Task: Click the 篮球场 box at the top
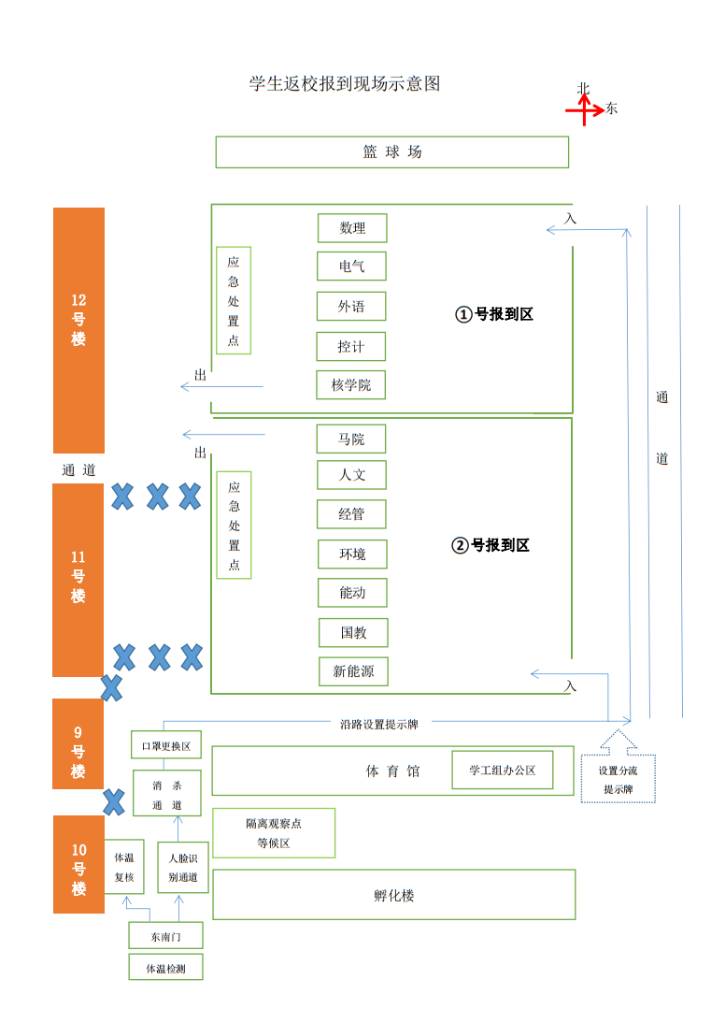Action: click(392, 152)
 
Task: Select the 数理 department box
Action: click(352, 228)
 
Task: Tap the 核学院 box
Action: click(351, 385)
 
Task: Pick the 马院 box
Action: click(351, 439)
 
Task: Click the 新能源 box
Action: click(353, 671)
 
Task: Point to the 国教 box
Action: click(353, 633)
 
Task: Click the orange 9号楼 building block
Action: click(78, 743)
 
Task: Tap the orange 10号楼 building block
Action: click(78, 864)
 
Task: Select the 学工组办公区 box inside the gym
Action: click(503, 771)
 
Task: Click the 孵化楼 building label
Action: click(393, 895)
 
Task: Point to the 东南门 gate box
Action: click(165, 935)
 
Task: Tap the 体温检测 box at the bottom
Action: click(165, 968)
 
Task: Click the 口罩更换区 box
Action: click(165, 746)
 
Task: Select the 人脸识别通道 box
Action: click(182, 867)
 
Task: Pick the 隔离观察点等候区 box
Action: click(274, 833)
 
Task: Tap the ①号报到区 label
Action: click(494, 314)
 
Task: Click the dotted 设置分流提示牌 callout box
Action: click(618, 779)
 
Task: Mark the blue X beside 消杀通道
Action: click(114, 801)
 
